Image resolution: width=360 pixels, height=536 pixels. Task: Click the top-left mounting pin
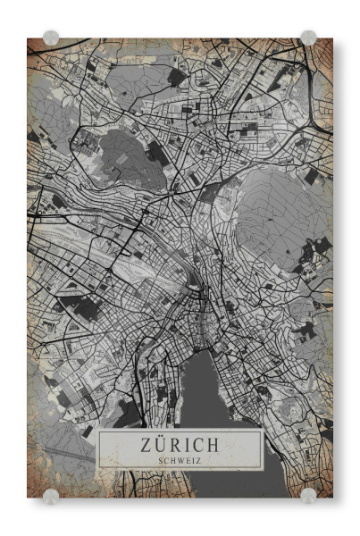click(x=51, y=38)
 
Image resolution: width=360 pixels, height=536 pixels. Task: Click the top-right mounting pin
click(x=308, y=38)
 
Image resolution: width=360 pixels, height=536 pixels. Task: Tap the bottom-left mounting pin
click(x=51, y=495)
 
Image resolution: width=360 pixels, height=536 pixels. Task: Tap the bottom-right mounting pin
click(x=308, y=495)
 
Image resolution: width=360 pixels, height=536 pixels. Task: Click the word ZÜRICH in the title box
click(x=180, y=444)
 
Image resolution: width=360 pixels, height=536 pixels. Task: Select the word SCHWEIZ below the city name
click(x=180, y=460)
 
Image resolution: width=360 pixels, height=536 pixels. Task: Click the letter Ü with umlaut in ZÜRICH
click(x=162, y=444)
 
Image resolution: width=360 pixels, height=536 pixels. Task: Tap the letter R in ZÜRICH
click(x=176, y=444)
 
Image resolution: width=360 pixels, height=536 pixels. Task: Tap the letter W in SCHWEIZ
click(x=180, y=460)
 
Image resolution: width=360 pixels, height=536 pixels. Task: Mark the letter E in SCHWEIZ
click(x=187, y=460)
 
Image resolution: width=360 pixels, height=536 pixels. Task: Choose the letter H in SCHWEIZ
click(x=172, y=460)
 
